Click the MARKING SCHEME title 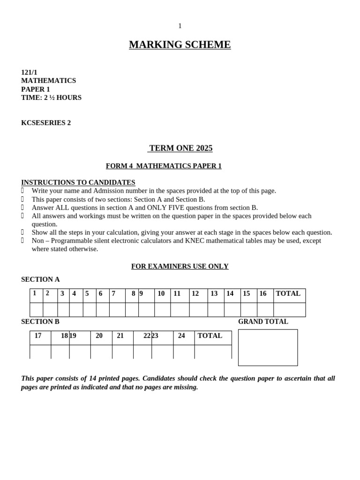(x=180, y=45)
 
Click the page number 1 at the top (x=180, y=26)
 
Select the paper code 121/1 (x=29, y=72)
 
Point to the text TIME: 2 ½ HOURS (x=51, y=97)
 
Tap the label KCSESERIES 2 (x=46, y=123)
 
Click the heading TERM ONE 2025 (x=180, y=148)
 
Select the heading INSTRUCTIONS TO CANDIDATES (x=78, y=182)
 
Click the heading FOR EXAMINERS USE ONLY (x=180, y=266)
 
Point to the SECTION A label (x=40, y=279)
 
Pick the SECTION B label (x=40, y=322)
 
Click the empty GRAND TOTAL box (x=268, y=347)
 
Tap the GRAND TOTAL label (x=263, y=322)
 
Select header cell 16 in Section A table (x=263, y=293)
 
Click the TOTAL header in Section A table (x=288, y=293)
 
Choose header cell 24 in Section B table (x=181, y=336)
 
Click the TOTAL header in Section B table (x=210, y=336)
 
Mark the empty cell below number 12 (x=198, y=310)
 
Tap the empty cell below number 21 (x=122, y=352)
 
